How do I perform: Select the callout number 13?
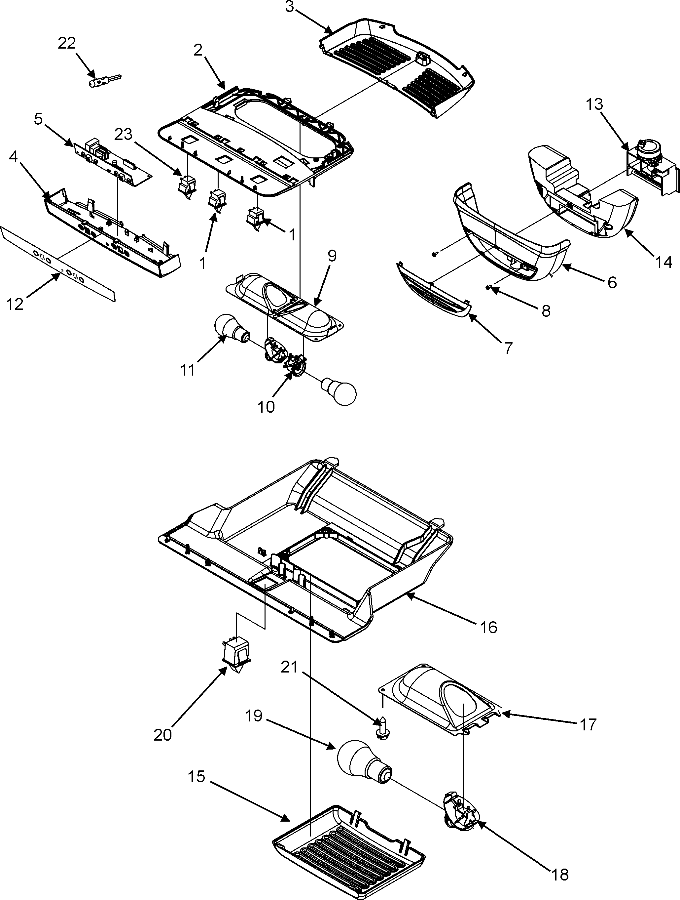pos(594,104)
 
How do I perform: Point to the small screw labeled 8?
pos(489,288)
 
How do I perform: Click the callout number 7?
pos(508,348)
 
